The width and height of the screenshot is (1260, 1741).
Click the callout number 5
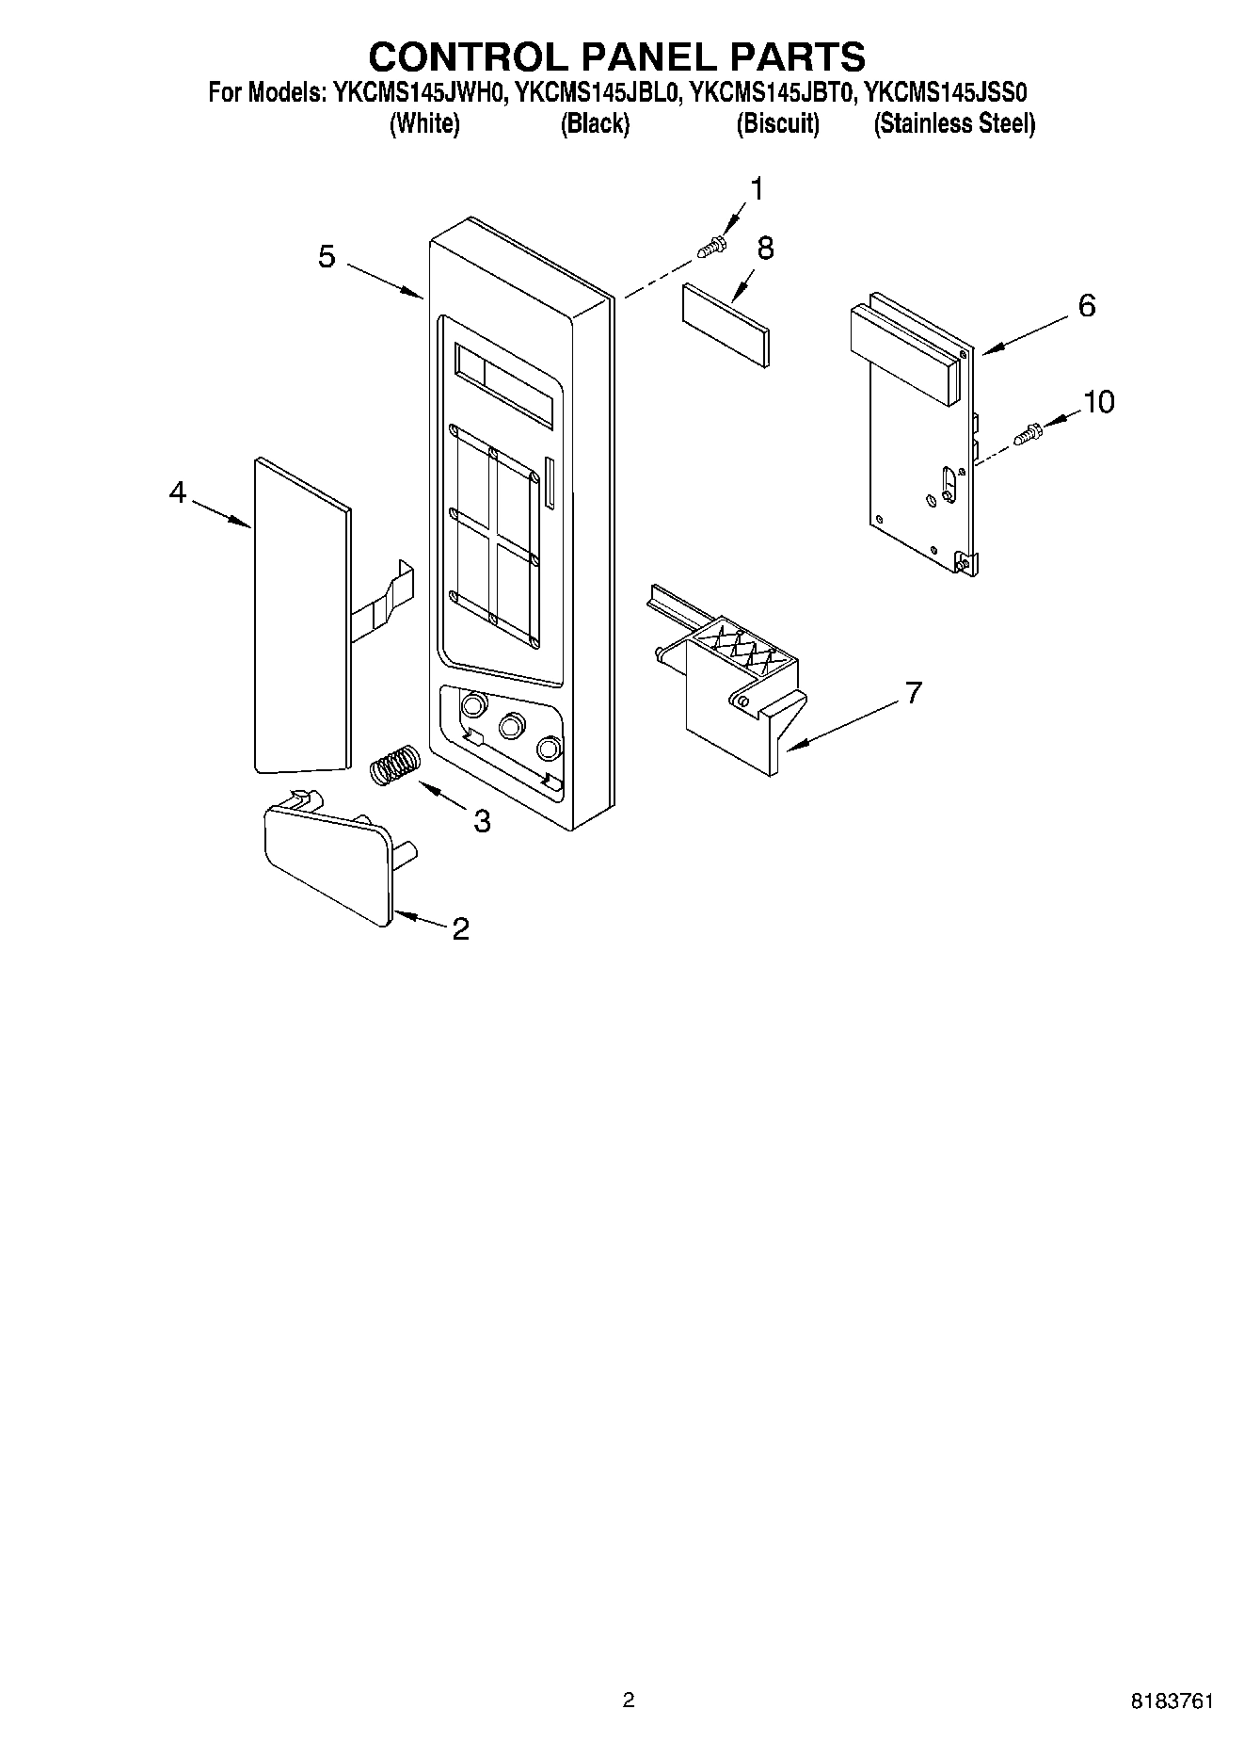point(327,256)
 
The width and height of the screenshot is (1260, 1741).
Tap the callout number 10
point(1098,402)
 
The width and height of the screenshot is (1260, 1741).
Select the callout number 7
point(912,694)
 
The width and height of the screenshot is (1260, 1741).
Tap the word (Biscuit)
point(777,123)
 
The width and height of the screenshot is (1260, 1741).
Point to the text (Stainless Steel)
point(954,123)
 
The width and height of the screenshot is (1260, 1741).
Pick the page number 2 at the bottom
point(629,1700)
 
